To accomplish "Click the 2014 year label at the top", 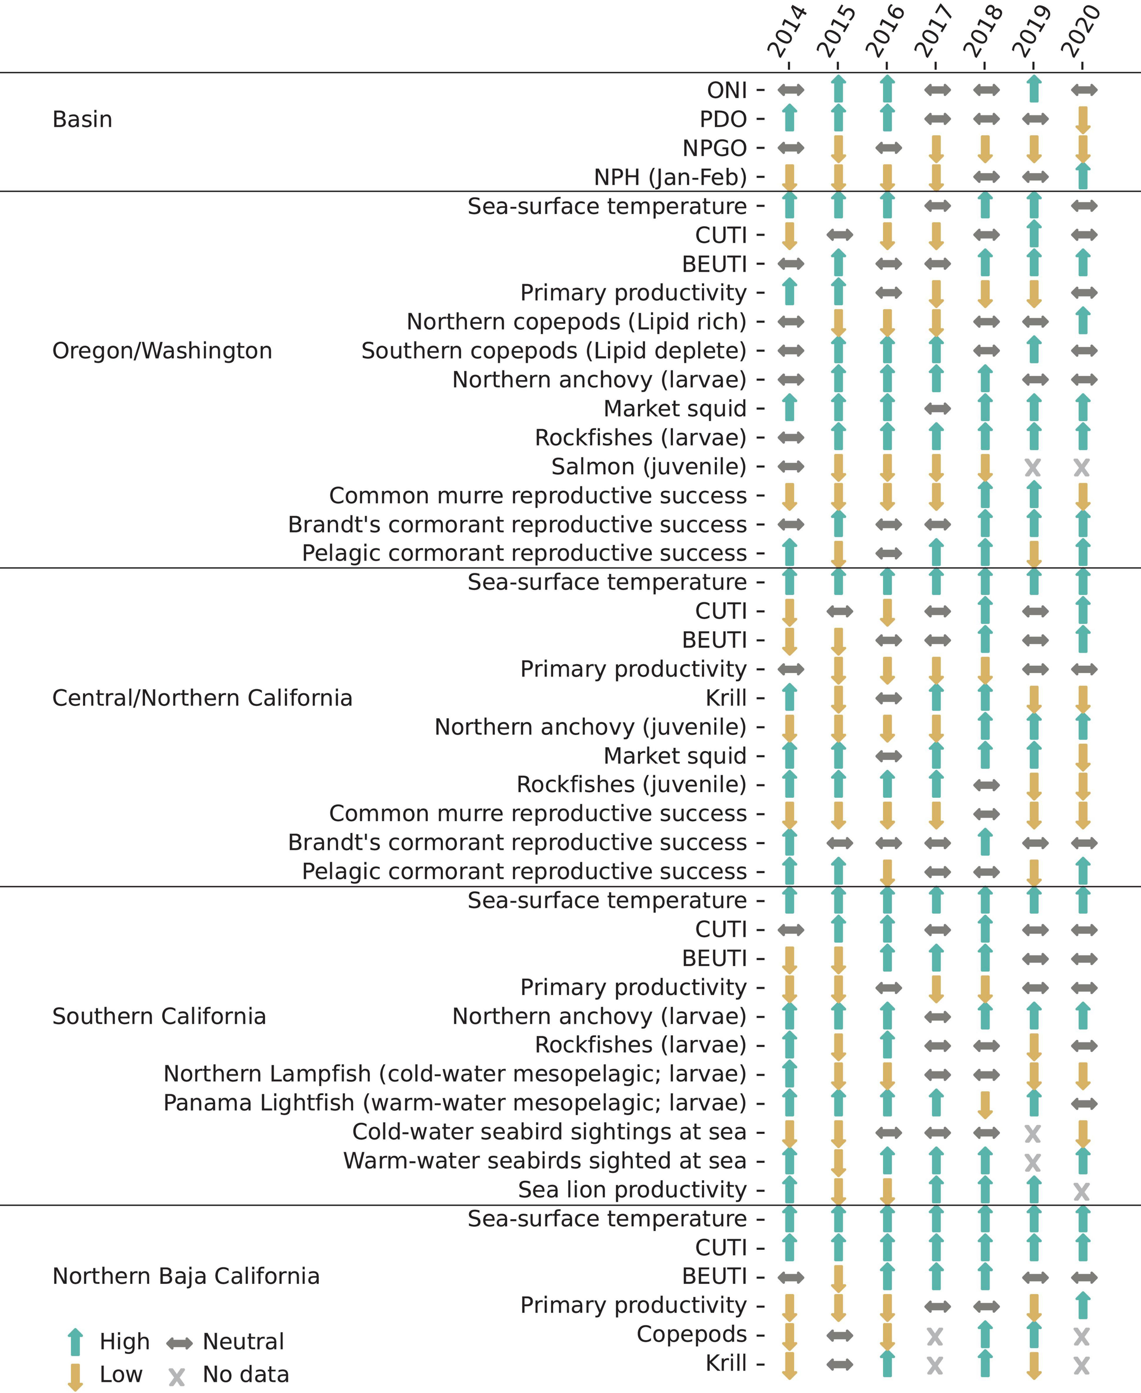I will pos(787,32).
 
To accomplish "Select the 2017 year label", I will pos(934,32).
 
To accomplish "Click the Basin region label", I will pos(82,120).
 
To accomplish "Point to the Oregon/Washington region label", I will pos(162,351).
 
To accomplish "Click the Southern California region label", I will pos(159,1016).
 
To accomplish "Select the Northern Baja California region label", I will pos(186,1276).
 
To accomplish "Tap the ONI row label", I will pos(726,90).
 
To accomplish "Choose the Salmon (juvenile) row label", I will pos(648,467).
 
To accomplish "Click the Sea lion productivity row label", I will pos(632,1190).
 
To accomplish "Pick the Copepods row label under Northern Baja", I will pos(691,1334).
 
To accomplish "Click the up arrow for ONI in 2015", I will pos(838,89).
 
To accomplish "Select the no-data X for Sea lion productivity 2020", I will pos(1082,1191).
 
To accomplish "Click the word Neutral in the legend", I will pos(243,1342).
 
